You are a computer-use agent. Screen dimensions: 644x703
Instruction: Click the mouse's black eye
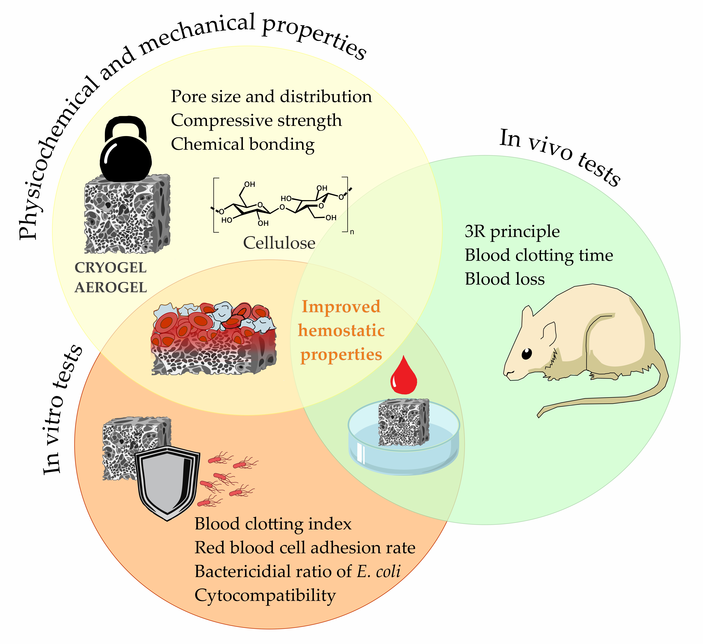527,354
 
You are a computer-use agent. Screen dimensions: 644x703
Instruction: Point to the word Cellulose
279,243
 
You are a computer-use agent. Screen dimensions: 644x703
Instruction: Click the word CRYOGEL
111,268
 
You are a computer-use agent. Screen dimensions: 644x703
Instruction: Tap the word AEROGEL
111,288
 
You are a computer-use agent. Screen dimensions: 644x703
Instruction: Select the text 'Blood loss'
505,279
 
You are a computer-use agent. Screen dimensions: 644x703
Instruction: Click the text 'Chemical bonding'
243,144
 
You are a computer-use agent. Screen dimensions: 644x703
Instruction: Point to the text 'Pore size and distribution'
271,97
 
